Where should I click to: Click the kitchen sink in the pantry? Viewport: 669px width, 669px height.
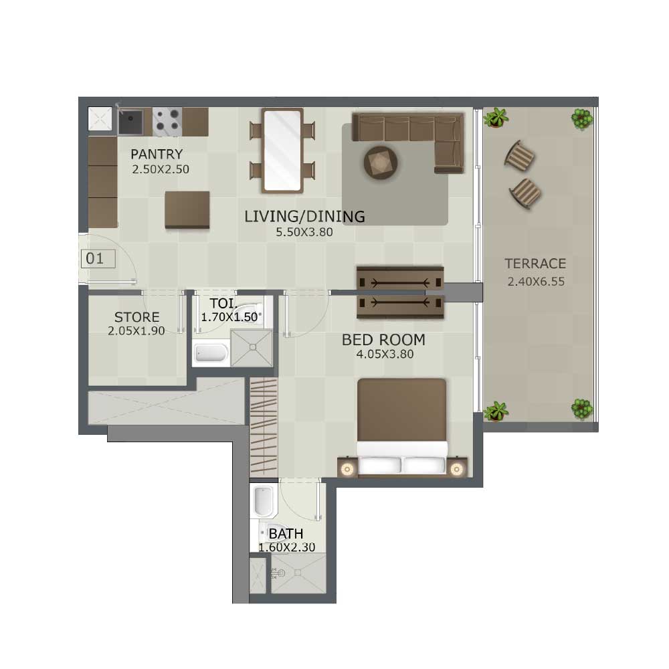point(130,121)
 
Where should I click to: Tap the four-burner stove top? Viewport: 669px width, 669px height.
point(167,122)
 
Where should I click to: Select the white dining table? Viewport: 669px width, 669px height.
point(282,150)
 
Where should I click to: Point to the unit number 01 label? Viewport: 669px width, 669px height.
point(95,258)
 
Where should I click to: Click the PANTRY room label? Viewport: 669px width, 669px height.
point(157,154)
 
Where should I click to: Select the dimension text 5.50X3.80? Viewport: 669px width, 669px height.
point(304,232)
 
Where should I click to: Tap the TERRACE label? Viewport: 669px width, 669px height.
point(535,264)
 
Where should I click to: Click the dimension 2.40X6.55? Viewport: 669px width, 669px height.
point(536,282)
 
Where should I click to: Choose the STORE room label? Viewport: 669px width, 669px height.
point(137,317)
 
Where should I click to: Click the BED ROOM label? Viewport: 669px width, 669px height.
point(383,340)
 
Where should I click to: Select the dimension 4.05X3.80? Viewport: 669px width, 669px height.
point(385,354)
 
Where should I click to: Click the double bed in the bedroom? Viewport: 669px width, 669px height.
point(402,427)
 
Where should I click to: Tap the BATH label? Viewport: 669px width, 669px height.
point(286,534)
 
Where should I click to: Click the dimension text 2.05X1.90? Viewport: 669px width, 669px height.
point(136,331)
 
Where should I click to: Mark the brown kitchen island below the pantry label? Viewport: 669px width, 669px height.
point(187,209)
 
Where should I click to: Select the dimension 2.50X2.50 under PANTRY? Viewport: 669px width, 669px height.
point(161,169)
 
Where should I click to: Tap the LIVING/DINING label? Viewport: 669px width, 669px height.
point(304,217)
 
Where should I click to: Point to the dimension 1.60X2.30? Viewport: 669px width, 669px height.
point(287,547)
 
